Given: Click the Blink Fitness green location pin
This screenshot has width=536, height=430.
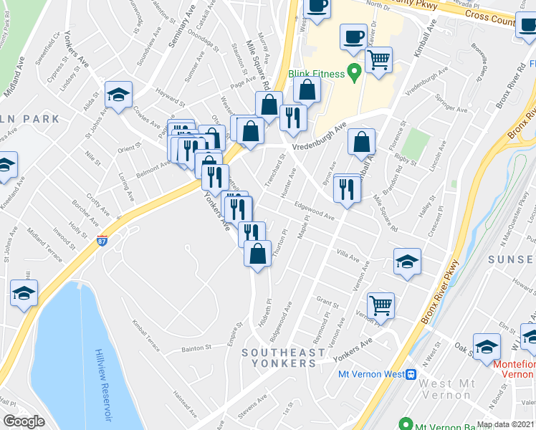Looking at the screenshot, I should (x=353, y=72).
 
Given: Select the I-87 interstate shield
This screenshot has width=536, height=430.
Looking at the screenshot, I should (x=102, y=239).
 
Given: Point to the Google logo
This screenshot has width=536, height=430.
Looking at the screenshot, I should (x=24, y=421).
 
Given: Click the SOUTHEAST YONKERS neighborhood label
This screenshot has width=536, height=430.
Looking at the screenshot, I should (x=279, y=358).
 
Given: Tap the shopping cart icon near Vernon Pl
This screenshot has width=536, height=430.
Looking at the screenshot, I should (x=381, y=305).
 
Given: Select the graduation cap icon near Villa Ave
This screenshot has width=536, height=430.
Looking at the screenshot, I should (x=407, y=262).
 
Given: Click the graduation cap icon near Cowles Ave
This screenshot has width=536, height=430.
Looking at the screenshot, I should (x=118, y=94).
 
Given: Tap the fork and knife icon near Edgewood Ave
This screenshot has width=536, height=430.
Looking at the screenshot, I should (x=346, y=190).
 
